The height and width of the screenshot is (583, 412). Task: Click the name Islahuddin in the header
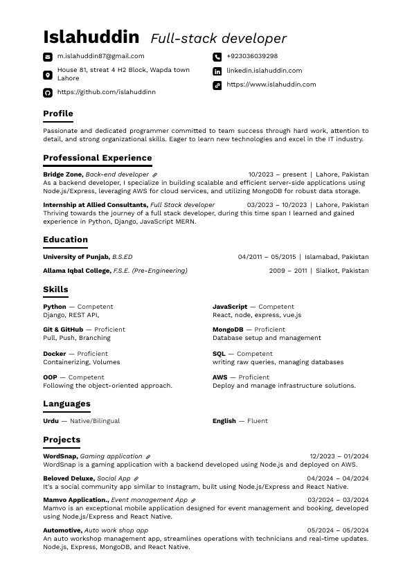(91, 37)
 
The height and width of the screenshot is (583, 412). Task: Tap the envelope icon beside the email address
(48, 57)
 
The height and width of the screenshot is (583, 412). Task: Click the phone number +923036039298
(252, 56)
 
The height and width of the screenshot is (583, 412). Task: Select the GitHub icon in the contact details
(48, 92)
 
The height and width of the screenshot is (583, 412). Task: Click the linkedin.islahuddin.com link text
(264, 71)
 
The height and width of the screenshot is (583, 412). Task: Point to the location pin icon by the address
(48, 75)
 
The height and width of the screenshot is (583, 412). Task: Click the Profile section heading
(58, 114)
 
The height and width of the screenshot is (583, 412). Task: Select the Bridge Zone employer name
(63, 174)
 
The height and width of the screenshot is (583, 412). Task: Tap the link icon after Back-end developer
(154, 175)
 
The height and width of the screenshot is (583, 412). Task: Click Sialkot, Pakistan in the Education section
(342, 271)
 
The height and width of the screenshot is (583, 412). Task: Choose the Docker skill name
(55, 354)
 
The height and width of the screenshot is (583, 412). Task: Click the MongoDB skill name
(228, 330)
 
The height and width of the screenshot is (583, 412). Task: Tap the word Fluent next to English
(258, 421)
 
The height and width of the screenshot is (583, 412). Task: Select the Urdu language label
(51, 421)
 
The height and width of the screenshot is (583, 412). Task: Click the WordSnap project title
(60, 456)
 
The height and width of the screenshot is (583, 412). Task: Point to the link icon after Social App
(136, 478)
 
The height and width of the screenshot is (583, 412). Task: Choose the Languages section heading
(66, 404)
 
